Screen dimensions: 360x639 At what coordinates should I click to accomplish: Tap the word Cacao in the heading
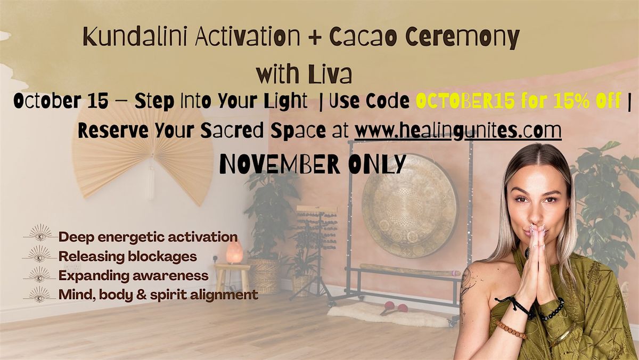coord(363,38)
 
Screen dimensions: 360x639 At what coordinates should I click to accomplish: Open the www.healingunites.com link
coord(458,130)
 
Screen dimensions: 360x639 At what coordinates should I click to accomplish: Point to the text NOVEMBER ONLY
coord(313,165)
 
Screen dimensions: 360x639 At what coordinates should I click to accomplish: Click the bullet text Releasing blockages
coord(128,256)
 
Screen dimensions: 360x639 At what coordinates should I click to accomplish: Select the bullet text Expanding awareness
coord(133,275)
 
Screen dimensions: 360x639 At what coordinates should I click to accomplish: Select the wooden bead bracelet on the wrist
coord(511,330)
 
